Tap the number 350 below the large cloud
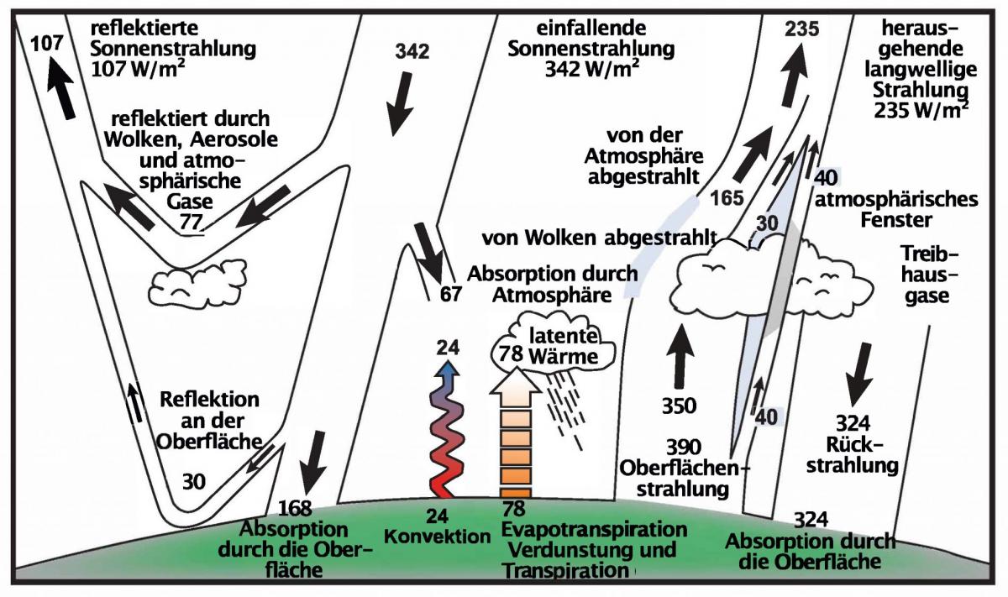click(x=679, y=406)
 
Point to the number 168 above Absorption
click(x=295, y=509)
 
